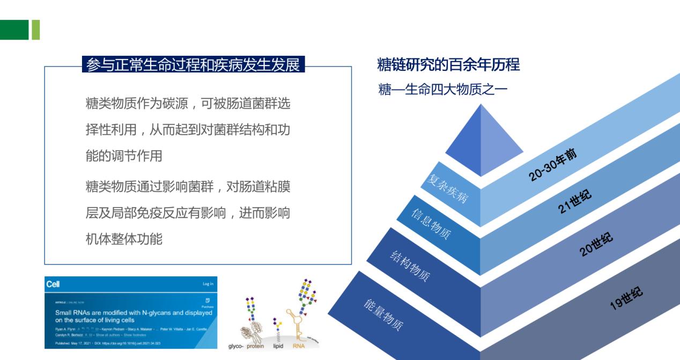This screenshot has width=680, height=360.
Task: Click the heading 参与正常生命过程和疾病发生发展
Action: pyautogui.click(x=193, y=65)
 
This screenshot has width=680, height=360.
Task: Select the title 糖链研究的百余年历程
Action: pyautogui.click(x=448, y=65)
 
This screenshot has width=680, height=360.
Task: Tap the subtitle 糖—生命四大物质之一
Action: pyautogui.click(x=442, y=90)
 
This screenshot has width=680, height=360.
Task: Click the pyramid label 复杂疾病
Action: pyautogui.click(x=448, y=188)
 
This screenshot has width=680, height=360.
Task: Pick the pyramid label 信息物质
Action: pyautogui.click(x=431, y=224)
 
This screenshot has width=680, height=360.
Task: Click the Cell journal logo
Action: pyautogui.click(x=53, y=284)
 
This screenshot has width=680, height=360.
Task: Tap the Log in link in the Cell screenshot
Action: pyautogui.click(x=208, y=284)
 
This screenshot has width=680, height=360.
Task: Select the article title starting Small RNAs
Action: pyautogui.click(x=134, y=316)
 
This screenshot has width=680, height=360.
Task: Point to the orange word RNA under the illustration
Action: pyautogui.click(x=299, y=346)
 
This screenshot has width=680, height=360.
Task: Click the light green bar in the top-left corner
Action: pyautogui.click(x=36, y=30)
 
